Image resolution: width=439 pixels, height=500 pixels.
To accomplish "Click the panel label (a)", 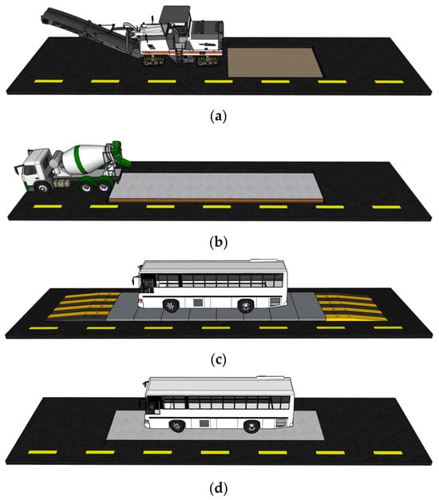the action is (x=219, y=117).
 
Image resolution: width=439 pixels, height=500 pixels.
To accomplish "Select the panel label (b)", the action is (x=219, y=242).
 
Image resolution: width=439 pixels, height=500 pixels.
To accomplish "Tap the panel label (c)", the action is (x=219, y=360).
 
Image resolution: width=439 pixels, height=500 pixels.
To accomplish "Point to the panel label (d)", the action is (x=219, y=488).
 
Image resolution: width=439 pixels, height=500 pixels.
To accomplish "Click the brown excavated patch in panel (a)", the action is (x=275, y=62).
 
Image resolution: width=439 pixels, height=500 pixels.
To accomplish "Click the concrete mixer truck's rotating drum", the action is (x=86, y=158).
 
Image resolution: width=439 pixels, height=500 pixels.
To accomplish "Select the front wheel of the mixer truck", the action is (x=43, y=187).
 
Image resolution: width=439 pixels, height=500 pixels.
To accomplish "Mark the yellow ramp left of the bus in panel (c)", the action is (x=83, y=306).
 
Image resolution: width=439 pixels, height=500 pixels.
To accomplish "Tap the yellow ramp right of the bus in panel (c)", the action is (x=350, y=307).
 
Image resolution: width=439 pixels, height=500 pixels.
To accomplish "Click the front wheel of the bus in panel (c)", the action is (x=171, y=306).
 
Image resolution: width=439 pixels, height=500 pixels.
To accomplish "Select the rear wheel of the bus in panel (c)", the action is (x=246, y=306).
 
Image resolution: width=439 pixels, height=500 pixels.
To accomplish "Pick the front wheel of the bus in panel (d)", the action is (x=177, y=426).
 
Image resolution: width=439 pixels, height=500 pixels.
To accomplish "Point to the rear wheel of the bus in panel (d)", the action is (x=251, y=427).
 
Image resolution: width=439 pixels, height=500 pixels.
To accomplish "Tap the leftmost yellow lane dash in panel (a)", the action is (x=49, y=81).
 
